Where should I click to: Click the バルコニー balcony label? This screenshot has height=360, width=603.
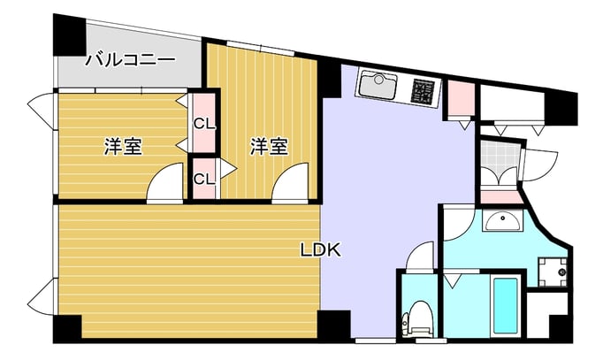[130, 60]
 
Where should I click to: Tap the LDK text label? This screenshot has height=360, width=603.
[320, 250]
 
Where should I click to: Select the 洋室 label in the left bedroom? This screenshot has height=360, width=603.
[123, 146]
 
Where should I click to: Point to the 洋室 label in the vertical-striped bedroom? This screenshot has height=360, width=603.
[269, 146]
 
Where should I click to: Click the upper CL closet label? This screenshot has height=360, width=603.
[204, 124]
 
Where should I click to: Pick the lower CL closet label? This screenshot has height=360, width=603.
[204, 179]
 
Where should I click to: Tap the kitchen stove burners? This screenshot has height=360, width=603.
[423, 91]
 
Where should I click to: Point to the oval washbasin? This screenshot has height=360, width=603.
[503, 221]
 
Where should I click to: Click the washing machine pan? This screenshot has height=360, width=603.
[553, 272]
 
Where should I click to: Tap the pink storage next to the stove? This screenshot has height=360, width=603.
[462, 97]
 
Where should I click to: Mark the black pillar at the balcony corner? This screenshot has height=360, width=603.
[69, 35]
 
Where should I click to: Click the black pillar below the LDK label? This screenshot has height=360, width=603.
[334, 325]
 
